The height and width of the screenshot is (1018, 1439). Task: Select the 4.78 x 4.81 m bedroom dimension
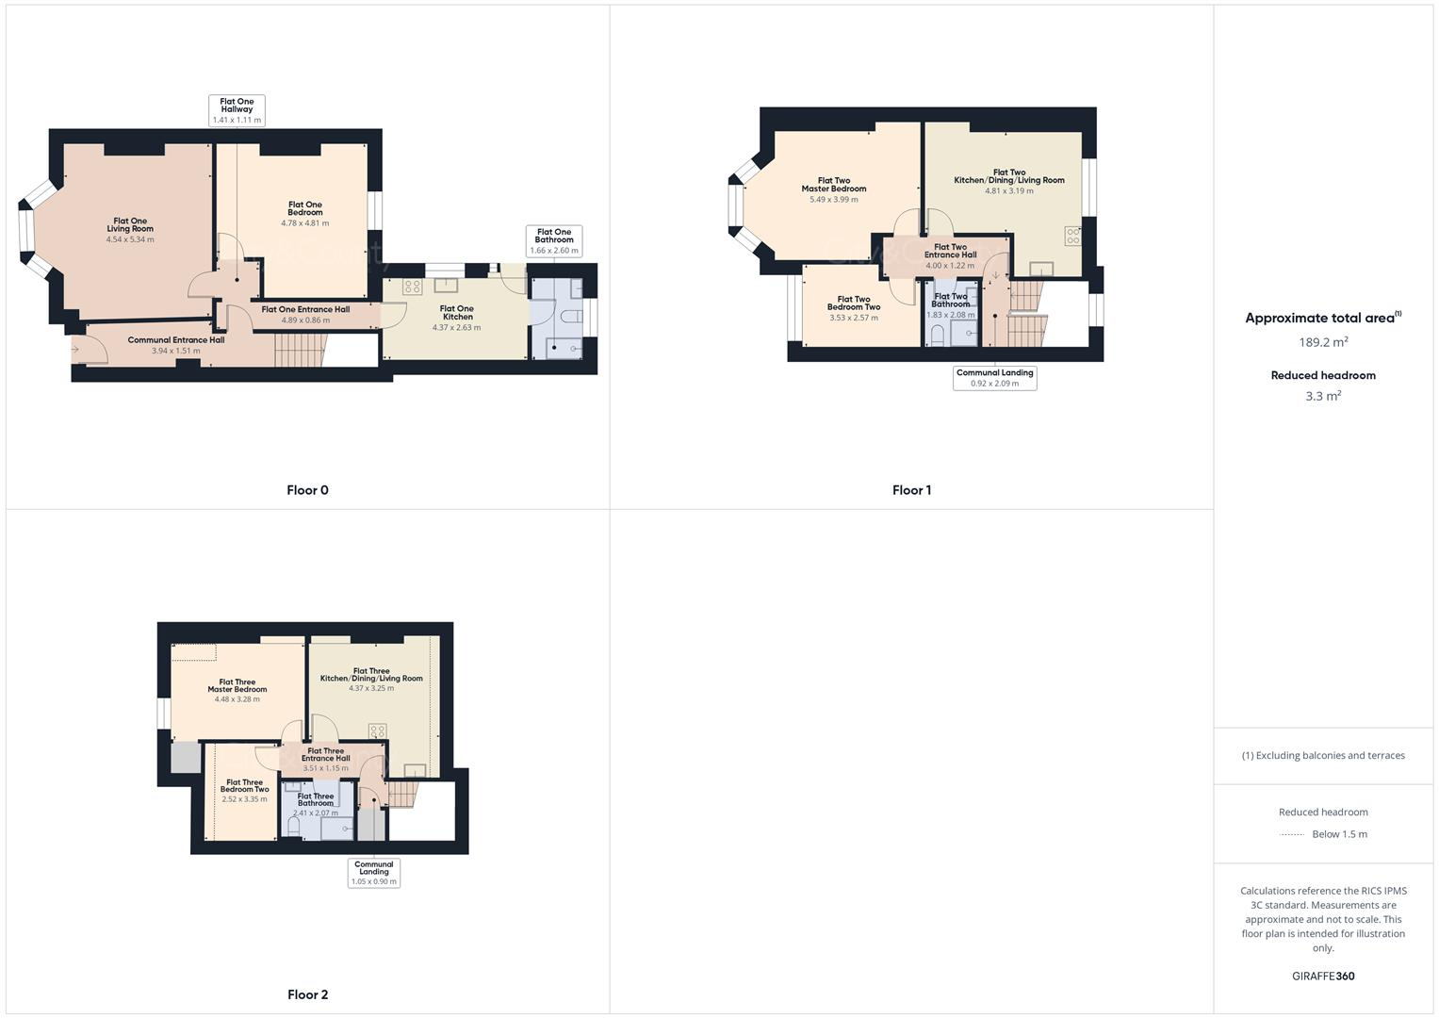point(304,223)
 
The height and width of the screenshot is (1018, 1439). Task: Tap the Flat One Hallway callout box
point(237,110)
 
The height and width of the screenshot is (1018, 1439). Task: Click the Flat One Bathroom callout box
point(554,241)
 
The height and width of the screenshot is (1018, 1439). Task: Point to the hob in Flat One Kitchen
point(413,287)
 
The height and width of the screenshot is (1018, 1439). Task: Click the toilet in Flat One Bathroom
point(571,319)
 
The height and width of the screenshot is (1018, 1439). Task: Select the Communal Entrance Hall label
point(176,340)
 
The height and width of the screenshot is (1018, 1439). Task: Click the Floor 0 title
point(307,490)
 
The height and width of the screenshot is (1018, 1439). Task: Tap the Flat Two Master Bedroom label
point(833,185)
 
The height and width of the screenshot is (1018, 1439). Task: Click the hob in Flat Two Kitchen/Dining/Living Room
point(1072,236)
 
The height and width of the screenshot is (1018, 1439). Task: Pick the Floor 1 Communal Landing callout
point(994,378)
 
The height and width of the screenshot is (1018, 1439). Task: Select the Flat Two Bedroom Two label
point(854,304)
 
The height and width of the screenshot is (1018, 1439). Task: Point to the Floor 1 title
point(911,490)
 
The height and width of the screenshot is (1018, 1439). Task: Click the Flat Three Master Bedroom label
point(237,685)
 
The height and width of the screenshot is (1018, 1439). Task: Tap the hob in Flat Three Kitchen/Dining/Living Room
point(377,731)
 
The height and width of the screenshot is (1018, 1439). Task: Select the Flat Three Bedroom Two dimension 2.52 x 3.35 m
point(244,799)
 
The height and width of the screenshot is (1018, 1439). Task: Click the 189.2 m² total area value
point(1323,342)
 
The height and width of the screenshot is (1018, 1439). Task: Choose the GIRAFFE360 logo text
point(1323,977)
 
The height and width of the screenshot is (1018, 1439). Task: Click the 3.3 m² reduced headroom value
point(1323,396)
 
